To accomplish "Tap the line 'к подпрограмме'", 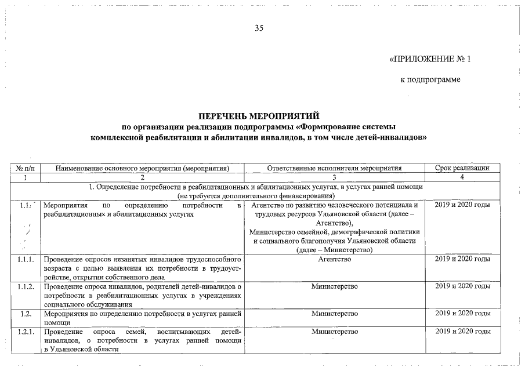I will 430,79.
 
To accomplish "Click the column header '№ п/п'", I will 25,168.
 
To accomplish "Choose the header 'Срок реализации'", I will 462,168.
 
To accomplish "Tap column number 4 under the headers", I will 462,177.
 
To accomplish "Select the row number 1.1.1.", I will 25,260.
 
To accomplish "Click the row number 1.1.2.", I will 25,286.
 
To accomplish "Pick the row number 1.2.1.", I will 25,332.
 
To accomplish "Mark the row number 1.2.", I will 25,314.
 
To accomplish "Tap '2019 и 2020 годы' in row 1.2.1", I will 462,332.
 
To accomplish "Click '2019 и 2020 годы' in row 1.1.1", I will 462,260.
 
